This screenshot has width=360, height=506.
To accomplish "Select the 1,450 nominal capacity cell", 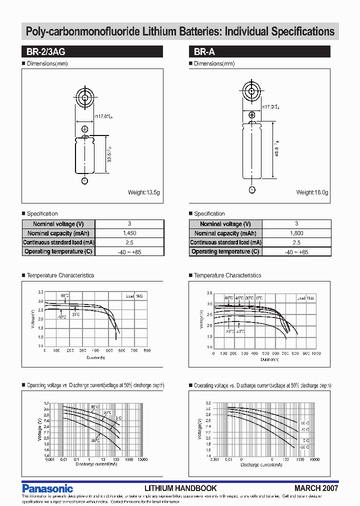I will [129, 233].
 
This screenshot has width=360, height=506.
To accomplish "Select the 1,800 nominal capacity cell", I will [296, 233].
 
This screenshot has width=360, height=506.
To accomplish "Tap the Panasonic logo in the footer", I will [48, 488].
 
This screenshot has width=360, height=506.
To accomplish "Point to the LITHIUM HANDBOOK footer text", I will [180, 488].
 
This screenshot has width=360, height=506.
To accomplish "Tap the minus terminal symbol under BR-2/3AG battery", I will [84, 180].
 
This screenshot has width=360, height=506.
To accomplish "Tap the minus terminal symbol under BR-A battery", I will [252, 190].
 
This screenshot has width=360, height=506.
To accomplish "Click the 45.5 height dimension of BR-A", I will [276, 149].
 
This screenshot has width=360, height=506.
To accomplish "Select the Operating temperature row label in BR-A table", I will [225, 252].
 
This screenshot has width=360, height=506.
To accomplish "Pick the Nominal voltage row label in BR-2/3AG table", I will [58, 224].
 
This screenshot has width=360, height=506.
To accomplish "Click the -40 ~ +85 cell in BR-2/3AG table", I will [129, 252].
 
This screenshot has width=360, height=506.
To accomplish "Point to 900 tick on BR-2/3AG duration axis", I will [147, 351].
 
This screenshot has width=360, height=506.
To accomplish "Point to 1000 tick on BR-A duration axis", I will [316, 353].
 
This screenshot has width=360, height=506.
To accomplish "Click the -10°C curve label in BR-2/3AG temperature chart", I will [61, 317].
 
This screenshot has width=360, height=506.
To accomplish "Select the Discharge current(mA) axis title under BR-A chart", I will [261, 465].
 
